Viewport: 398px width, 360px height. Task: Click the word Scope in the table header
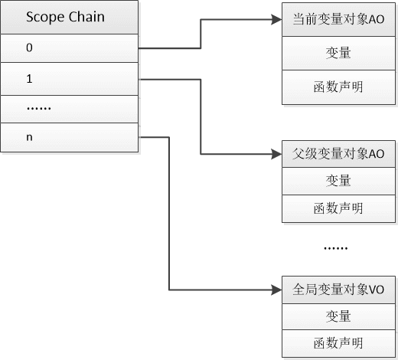pyautogui.click(x=44, y=16)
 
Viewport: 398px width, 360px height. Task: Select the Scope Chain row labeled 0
pyautogui.click(x=69, y=47)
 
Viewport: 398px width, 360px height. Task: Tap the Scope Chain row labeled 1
pyautogui.click(x=69, y=78)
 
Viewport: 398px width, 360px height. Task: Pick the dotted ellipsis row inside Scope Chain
pyautogui.click(x=69, y=108)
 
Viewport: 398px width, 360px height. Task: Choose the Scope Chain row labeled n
pyautogui.click(x=69, y=138)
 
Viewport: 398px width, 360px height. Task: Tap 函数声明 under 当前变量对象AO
pyautogui.click(x=338, y=86)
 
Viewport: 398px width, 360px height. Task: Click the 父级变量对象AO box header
pyautogui.click(x=338, y=153)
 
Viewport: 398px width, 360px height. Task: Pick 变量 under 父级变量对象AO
pyautogui.click(x=338, y=181)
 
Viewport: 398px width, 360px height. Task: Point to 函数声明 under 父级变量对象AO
pyautogui.click(x=338, y=208)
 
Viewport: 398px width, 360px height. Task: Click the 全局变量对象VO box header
pyautogui.click(x=338, y=290)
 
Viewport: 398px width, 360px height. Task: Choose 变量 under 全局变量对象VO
pyautogui.click(x=338, y=316)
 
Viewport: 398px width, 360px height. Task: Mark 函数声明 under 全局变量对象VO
pyautogui.click(x=338, y=342)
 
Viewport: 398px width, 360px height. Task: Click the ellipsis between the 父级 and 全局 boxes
pyautogui.click(x=335, y=247)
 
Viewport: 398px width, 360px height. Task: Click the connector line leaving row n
pyautogui.click(x=167, y=214)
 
